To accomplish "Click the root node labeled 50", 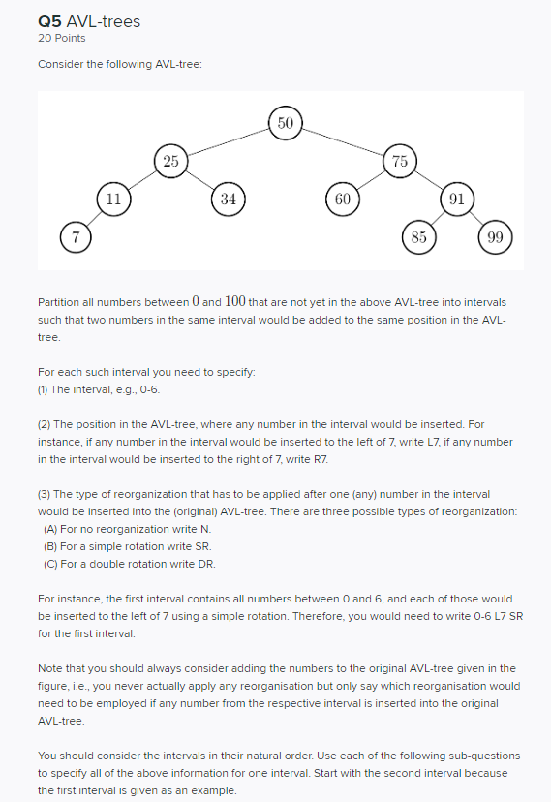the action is click(x=284, y=123).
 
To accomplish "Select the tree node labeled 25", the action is click(x=170, y=161).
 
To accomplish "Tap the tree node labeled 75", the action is click(x=398, y=161).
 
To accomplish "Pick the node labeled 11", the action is click(x=113, y=198).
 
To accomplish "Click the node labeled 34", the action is click(x=228, y=198).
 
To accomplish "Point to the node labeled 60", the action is click(x=341, y=198).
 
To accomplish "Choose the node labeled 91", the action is click(x=456, y=198).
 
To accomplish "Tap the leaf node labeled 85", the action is click(x=417, y=235).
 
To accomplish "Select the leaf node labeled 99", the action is click(x=495, y=235).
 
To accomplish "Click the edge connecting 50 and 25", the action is click(x=228, y=141).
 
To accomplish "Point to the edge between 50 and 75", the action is click(x=341, y=141).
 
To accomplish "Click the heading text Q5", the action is click(x=47, y=21).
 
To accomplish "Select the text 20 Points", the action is click(x=61, y=38).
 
